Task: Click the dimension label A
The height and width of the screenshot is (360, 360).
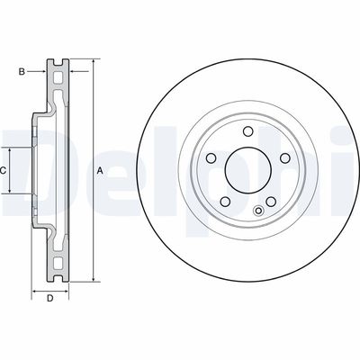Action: coord(100,171)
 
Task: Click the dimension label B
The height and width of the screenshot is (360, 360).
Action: coord(22,72)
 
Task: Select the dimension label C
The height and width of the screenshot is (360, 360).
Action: coord(3,171)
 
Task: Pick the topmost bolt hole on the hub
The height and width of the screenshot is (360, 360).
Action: coord(248,131)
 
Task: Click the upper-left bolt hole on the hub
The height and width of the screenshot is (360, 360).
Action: coord(211,157)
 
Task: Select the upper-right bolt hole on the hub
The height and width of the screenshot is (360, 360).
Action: coord(284,157)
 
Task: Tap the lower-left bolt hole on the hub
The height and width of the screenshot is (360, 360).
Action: coord(225,202)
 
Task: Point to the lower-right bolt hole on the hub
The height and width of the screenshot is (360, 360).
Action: coord(271,202)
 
